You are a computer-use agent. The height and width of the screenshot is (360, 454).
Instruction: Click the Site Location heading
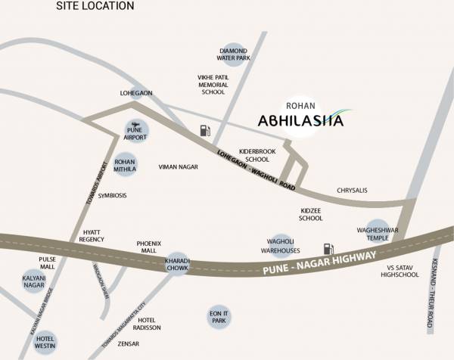point(95,6)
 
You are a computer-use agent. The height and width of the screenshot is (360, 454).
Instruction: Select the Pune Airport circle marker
point(135,132)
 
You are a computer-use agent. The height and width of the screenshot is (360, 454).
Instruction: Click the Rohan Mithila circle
point(125,166)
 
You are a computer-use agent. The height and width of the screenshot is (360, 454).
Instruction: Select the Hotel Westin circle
point(45,341)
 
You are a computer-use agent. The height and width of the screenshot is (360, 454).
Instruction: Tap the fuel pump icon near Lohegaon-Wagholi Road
point(204,130)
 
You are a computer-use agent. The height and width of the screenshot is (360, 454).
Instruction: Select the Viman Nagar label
point(178,167)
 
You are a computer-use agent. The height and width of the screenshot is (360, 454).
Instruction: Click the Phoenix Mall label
point(148,247)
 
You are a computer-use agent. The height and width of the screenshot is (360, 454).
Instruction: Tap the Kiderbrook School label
point(253,155)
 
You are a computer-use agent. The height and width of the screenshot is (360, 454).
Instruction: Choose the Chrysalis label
point(352,191)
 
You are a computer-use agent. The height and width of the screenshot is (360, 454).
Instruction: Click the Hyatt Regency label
point(92,235)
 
